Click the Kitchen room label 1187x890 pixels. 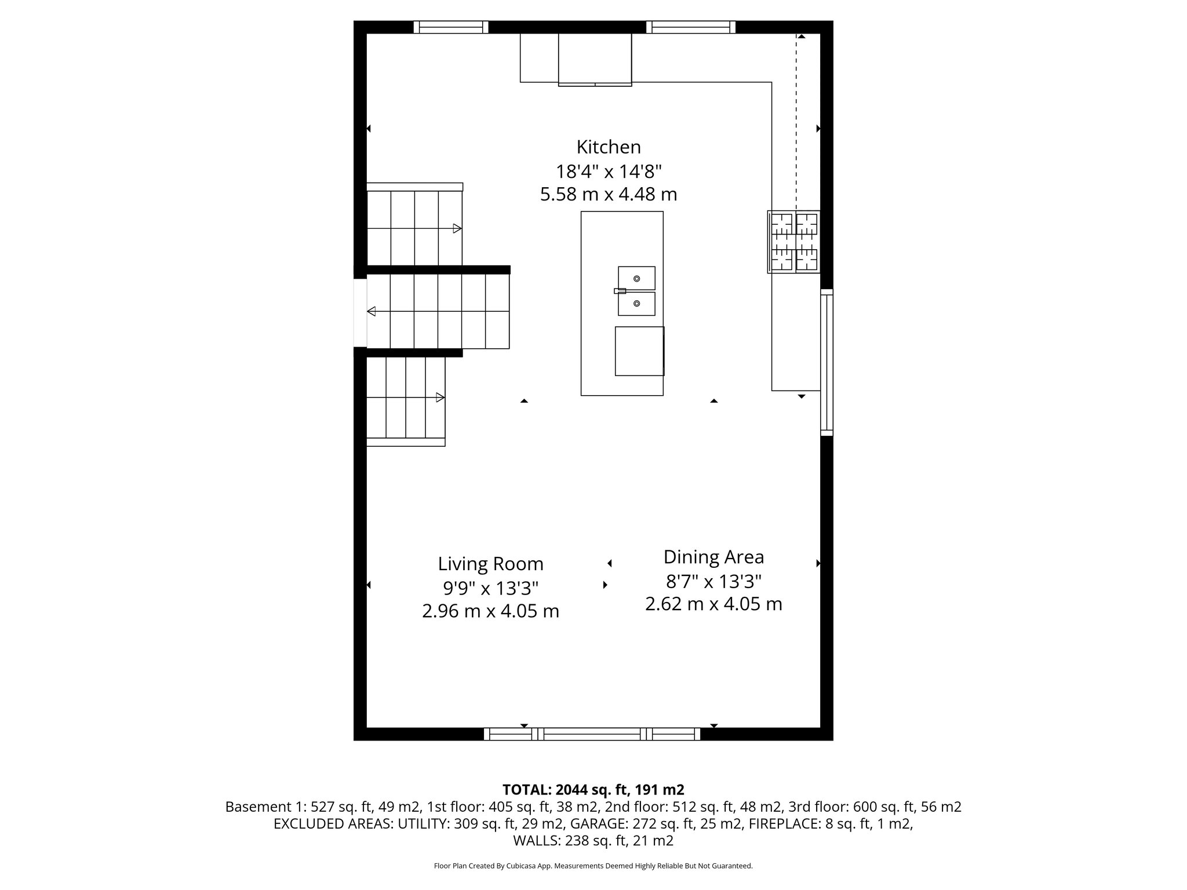[x=609, y=147]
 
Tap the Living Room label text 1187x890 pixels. [x=490, y=564]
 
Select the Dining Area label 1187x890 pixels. [x=713, y=557]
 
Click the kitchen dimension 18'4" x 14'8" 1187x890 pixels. [x=609, y=172]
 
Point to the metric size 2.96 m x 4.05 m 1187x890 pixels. [x=490, y=611]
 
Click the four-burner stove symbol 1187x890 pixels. [x=794, y=242]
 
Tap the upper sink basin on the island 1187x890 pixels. [x=636, y=278]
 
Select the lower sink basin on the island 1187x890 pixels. [x=636, y=304]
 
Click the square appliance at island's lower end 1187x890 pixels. [x=639, y=351]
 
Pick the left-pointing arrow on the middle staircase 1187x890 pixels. [x=372, y=311]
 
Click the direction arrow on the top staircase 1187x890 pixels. [x=457, y=228]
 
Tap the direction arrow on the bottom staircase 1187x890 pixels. [x=440, y=397]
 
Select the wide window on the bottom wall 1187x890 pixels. [x=592, y=734]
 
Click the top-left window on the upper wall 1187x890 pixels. [x=451, y=27]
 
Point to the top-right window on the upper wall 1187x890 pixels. [x=690, y=27]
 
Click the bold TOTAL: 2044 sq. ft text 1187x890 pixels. [x=593, y=790]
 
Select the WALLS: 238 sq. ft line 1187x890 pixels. [x=593, y=841]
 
